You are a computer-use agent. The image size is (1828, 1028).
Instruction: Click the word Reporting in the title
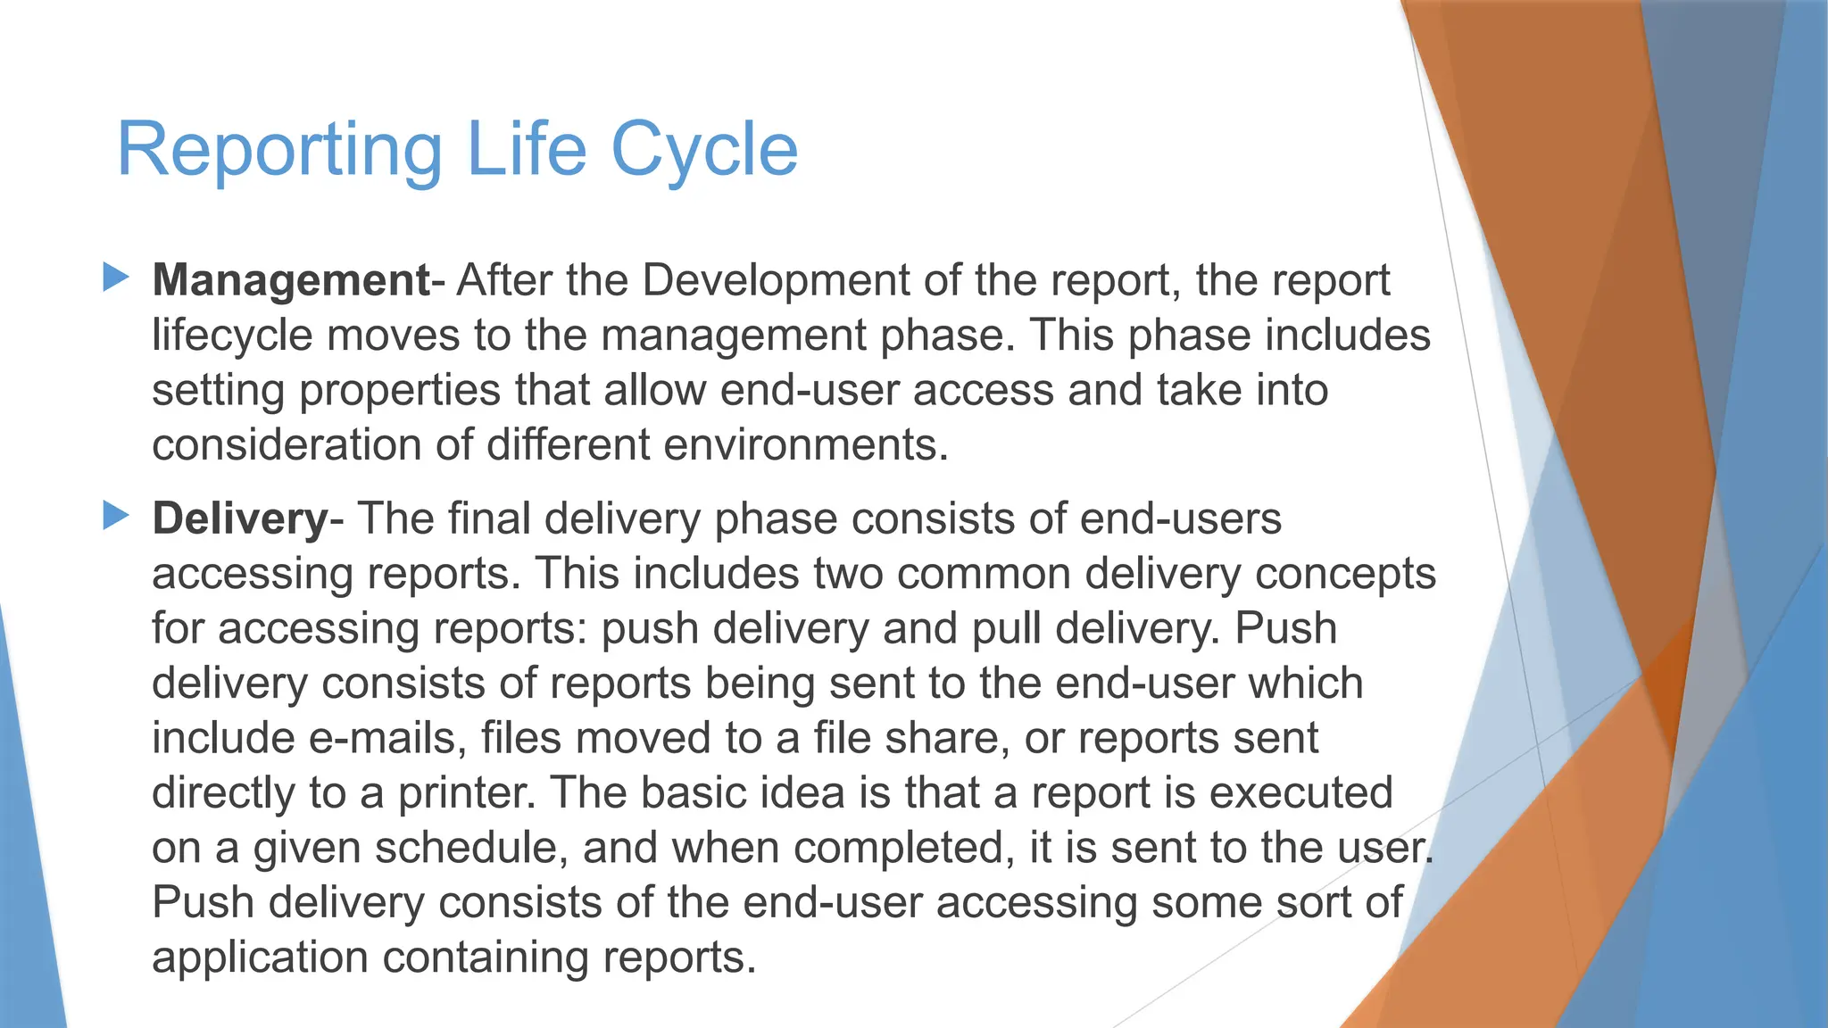(279, 150)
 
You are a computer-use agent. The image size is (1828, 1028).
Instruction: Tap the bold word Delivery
(240, 518)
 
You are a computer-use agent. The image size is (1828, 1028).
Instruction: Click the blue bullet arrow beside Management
(116, 277)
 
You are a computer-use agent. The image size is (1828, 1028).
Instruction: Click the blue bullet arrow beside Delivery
(116, 515)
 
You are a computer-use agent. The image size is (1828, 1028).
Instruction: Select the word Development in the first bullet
(776, 280)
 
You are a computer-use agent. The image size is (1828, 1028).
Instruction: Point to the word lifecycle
(233, 336)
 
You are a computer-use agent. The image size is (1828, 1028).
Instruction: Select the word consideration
(286, 444)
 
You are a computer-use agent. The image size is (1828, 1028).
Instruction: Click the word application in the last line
(260, 958)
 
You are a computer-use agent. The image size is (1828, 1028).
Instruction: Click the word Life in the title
(526, 150)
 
